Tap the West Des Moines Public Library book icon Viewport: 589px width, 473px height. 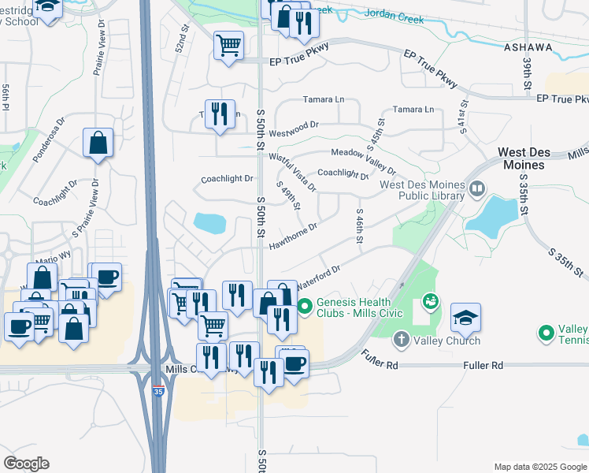pos(476,189)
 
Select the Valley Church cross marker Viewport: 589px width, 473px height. pos(401,340)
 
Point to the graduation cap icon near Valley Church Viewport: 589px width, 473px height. pos(465,317)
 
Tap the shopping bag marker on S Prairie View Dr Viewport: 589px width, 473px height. pos(98,143)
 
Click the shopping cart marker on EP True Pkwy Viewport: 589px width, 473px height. pos(228,45)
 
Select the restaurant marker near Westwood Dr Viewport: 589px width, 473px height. pos(220,113)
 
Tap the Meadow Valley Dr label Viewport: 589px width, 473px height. pos(363,162)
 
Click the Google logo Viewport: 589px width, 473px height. pos(26,463)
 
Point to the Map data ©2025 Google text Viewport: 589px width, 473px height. pos(539,467)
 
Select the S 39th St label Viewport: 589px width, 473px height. pos(524,73)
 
